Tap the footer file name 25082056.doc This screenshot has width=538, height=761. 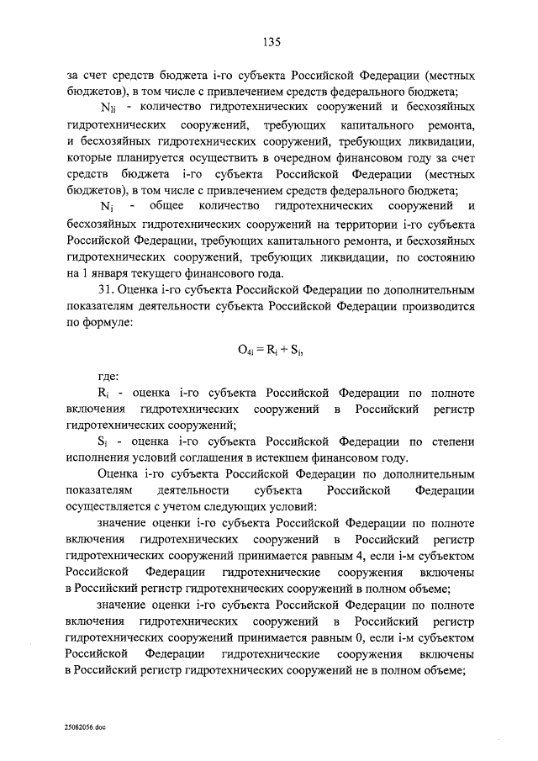[82, 723]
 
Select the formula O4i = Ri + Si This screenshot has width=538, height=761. [269, 352]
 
